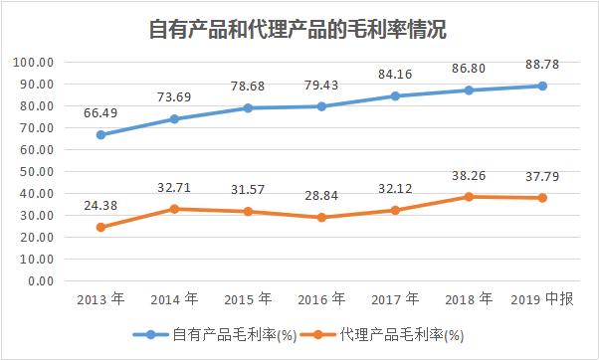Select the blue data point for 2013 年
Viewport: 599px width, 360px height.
click(100, 134)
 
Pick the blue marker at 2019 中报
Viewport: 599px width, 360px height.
click(542, 86)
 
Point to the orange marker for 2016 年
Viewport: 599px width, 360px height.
click(321, 217)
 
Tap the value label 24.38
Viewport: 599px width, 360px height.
click(100, 207)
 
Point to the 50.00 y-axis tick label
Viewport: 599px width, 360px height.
click(36, 171)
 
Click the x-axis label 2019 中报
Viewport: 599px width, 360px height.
click(542, 298)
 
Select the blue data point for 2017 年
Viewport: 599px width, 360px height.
click(395, 96)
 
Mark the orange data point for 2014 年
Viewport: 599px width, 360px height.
click(174, 209)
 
